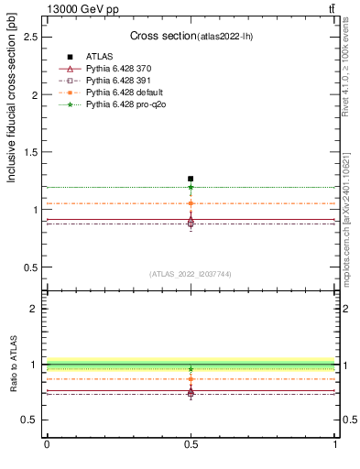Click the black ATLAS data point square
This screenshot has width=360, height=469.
(x=191, y=179)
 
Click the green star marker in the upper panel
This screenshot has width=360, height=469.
(x=191, y=187)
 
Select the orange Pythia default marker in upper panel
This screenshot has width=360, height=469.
(x=191, y=203)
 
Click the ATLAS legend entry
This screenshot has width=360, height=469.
(x=100, y=57)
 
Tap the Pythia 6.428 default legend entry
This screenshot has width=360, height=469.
(x=125, y=93)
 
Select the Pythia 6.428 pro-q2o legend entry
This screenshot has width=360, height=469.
(x=126, y=105)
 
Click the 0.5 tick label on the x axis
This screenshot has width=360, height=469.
(x=191, y=445)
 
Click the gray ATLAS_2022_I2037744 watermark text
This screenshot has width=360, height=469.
(x=191, y=274)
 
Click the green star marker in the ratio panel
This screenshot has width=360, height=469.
(x=191, y=369)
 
